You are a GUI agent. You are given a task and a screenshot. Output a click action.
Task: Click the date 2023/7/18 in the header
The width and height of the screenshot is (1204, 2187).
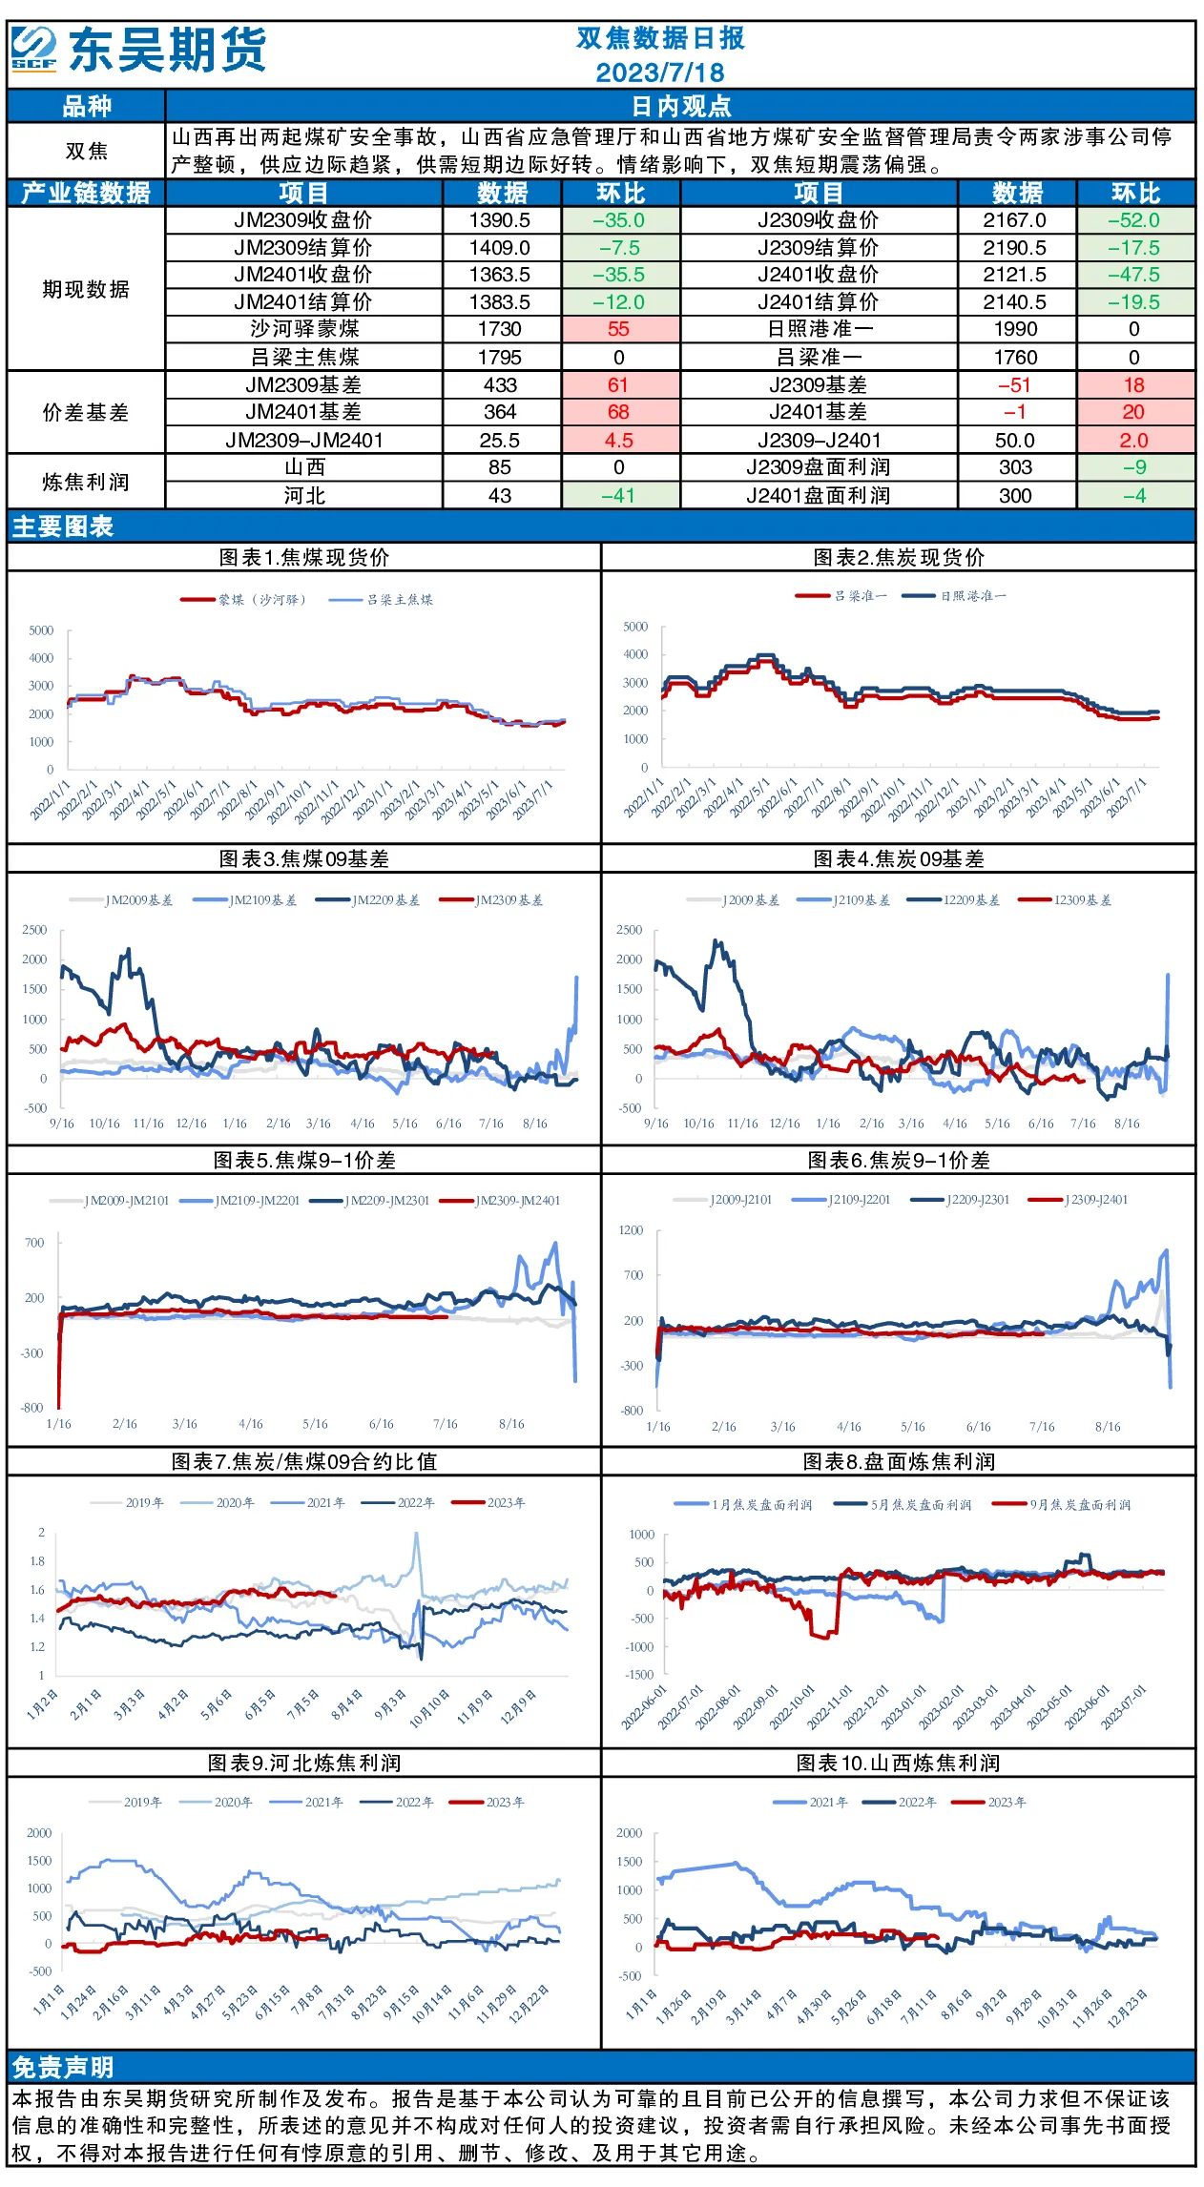pos(660,72)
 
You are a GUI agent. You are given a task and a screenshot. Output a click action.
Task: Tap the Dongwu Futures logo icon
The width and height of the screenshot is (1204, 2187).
pos(33,49)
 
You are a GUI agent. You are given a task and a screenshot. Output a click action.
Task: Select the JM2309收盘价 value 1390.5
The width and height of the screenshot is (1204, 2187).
pos(500,220)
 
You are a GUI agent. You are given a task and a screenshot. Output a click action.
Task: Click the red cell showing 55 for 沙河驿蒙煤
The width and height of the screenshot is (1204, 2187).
pos(619,329)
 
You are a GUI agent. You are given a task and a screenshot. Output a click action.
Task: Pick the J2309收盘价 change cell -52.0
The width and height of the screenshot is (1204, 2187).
pos(1134,220)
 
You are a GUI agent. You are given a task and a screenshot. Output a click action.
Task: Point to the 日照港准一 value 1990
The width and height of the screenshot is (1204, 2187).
pos(1015,329)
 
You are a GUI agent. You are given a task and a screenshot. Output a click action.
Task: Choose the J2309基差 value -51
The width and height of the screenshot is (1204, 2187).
pos(1015,385)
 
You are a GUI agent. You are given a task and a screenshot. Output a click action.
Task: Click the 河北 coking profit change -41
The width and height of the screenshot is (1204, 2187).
pos(619,496)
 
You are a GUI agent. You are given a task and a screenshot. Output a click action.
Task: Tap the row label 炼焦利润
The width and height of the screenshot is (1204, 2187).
pos(86,482)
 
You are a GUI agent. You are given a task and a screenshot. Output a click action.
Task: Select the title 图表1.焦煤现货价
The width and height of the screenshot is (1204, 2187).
pos(304,558)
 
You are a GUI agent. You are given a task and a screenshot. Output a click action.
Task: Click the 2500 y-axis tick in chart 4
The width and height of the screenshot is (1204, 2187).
pos(630,930)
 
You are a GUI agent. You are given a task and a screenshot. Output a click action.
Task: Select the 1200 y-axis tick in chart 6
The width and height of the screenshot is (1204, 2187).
pos(632,1230)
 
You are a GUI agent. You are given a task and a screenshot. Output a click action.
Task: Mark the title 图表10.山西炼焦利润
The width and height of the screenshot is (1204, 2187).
pos(898,1764)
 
